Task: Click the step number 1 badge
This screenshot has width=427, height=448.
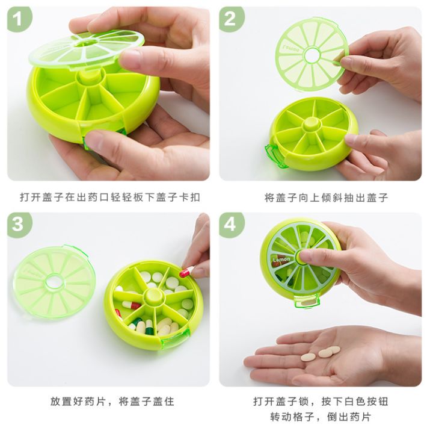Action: click(x=19, y=20)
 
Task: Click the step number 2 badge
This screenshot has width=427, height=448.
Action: click(x=231, y=20)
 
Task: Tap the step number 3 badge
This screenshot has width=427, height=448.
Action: click(x=19, y=225)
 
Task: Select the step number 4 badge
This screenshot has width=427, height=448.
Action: click(x=231, y=225)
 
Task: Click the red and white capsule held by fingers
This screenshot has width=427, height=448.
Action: click(x=186, y=272)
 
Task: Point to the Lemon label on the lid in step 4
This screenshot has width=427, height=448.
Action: click(x=281, y=260)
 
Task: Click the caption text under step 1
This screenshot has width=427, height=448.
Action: click(x=109, y=197)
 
